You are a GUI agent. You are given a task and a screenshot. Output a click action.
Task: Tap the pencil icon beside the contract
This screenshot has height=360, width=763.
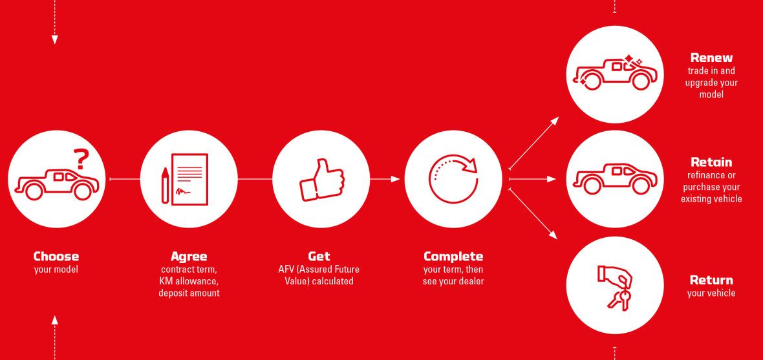[166, 185]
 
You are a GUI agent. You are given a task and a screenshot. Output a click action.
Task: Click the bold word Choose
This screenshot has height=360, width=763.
[56, 256]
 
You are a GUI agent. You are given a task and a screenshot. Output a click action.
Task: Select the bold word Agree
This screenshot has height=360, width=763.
[189, 257]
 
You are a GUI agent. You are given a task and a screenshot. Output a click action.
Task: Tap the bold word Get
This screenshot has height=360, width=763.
[319, 256]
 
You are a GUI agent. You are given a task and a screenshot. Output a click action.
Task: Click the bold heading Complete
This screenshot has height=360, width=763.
[453, 257]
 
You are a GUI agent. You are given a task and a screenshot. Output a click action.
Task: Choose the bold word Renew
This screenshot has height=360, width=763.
[711, 58]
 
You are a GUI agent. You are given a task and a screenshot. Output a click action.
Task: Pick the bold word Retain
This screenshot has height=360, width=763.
[711, 162]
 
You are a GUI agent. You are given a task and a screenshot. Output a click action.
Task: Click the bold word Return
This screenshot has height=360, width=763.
[711, 281]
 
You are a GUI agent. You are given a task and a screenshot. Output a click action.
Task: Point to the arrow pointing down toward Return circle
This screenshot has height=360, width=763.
[533, 214]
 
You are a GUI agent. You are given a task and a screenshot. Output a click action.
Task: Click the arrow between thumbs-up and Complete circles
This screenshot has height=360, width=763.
[385, 179]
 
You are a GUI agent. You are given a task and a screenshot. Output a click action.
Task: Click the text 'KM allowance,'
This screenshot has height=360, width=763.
[189, 281]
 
